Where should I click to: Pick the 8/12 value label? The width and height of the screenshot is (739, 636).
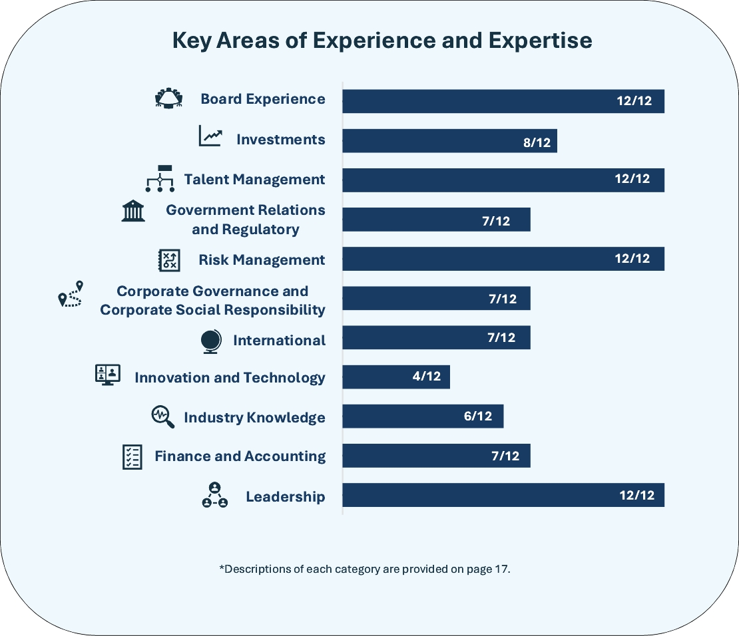(x=537, y=142)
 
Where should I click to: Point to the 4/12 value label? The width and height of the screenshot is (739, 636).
(x=427, y=377)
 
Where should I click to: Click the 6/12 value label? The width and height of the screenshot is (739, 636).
(x=478, y=416)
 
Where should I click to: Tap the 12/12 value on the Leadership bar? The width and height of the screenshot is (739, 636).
(x=637, y=496)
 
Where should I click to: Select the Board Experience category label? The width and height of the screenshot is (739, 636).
(x=263, y=99)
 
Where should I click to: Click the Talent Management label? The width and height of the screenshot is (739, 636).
(x=255, y=180)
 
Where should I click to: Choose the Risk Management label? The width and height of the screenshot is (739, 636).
(x=262, y=259)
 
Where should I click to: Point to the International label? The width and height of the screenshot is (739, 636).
(x=280, y=341)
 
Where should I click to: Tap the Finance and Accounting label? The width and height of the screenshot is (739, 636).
(x=240, y=456)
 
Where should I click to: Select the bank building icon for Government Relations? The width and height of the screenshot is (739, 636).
(x=133, y=211)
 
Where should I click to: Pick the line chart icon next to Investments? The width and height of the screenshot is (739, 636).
(x=210, y=136)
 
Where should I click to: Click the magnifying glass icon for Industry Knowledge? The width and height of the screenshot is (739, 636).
(x=162, y=417)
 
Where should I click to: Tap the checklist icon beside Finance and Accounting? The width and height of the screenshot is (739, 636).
(x=132, y=457)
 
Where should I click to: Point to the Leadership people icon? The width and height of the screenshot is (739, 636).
(x=214, y=496)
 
